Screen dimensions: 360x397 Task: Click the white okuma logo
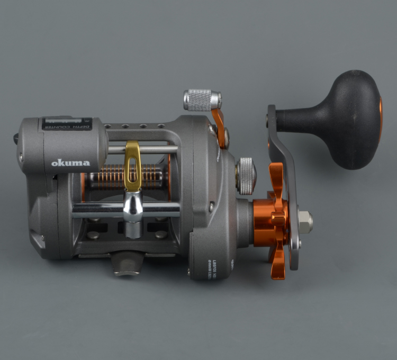click(x=70, y=163)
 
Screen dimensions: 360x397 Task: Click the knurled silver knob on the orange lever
click(x=202, y=99)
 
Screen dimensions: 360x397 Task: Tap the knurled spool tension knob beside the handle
click(x=246, y=175)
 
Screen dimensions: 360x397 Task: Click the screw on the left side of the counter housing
click(x=22, y=157)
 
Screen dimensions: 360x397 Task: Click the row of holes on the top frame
click(x=134, y=127)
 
